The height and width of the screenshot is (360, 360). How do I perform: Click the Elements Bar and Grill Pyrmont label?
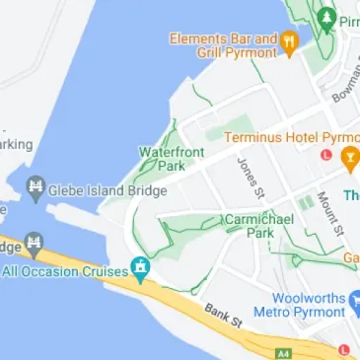[224, 45]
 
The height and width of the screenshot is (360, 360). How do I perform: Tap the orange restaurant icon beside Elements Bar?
[289, 42]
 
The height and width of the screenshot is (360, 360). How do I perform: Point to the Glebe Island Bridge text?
[108, 190]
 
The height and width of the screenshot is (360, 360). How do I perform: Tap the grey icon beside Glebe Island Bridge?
[36, 186]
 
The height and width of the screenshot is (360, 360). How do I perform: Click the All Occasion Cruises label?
[65, 270]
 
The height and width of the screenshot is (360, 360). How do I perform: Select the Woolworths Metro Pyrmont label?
[301, 305]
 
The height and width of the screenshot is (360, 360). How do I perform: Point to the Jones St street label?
[250, 172]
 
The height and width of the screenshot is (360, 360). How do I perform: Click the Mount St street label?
[329, 211]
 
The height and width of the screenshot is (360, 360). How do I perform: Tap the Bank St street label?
[224, 316]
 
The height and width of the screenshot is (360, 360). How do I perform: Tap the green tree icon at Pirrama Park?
[327, 17]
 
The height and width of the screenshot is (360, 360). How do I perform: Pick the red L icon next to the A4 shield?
[342, 351]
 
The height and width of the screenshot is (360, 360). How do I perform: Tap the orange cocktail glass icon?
[349, 158]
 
